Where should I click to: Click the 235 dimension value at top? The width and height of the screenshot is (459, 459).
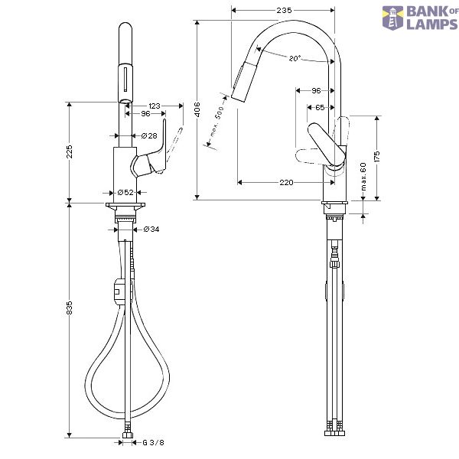(x=284, y=11)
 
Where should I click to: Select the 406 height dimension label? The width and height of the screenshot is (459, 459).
(x=197, y=109)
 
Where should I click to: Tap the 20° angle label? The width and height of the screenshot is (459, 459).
(x=295, y=58)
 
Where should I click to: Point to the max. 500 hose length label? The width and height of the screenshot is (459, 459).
(x=217, y=122)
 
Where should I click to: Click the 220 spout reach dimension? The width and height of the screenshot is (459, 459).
(x=286, y=183)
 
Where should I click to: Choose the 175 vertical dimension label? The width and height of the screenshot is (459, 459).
(x=376, y=157)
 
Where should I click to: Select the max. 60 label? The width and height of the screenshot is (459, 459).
(x=363, y=177)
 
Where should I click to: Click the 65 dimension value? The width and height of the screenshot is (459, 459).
(x=320, y=108)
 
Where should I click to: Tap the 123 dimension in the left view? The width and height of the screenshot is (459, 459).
(x=155, y=106)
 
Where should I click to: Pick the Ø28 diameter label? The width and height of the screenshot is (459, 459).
(x=149, y=136)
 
